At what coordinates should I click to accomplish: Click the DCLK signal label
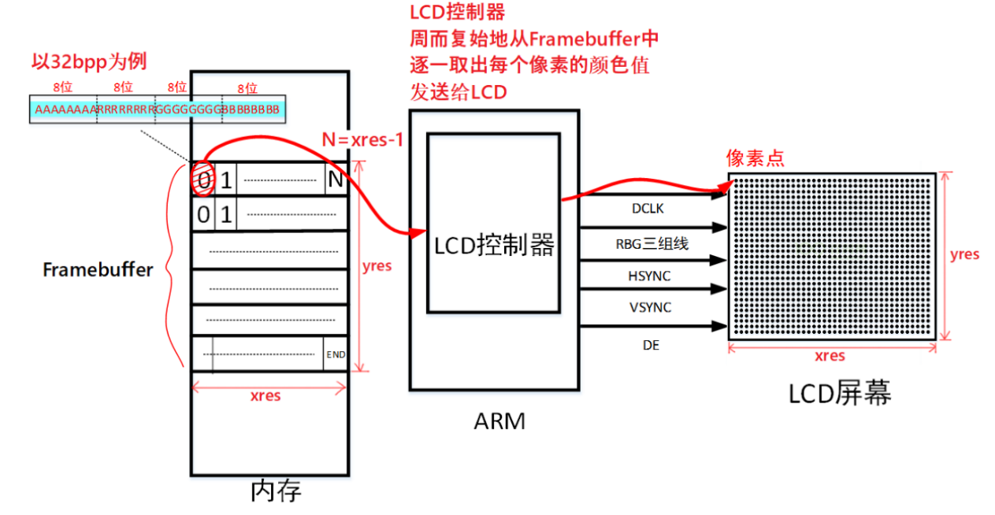coord(647,209)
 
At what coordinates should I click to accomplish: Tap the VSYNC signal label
coord(650,307)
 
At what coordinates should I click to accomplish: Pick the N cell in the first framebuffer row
coord(336,180)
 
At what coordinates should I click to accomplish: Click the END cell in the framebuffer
coord(336,354)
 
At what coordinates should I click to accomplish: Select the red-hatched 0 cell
coord(203,180)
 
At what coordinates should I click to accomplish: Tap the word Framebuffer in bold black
coord(98,269)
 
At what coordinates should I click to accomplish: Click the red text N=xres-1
coord(363,140)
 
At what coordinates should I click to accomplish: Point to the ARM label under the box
coord(499,421)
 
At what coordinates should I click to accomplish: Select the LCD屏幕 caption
coord(840,393)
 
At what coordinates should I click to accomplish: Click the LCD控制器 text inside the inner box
coord(495,246)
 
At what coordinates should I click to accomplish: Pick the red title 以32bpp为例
coord(88,61)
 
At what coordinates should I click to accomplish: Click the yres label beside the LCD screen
coord(964,254)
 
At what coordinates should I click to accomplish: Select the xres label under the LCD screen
coord(830,356)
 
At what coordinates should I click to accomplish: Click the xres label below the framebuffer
coord(265,395)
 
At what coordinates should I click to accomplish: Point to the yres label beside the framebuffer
coord(377,265)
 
